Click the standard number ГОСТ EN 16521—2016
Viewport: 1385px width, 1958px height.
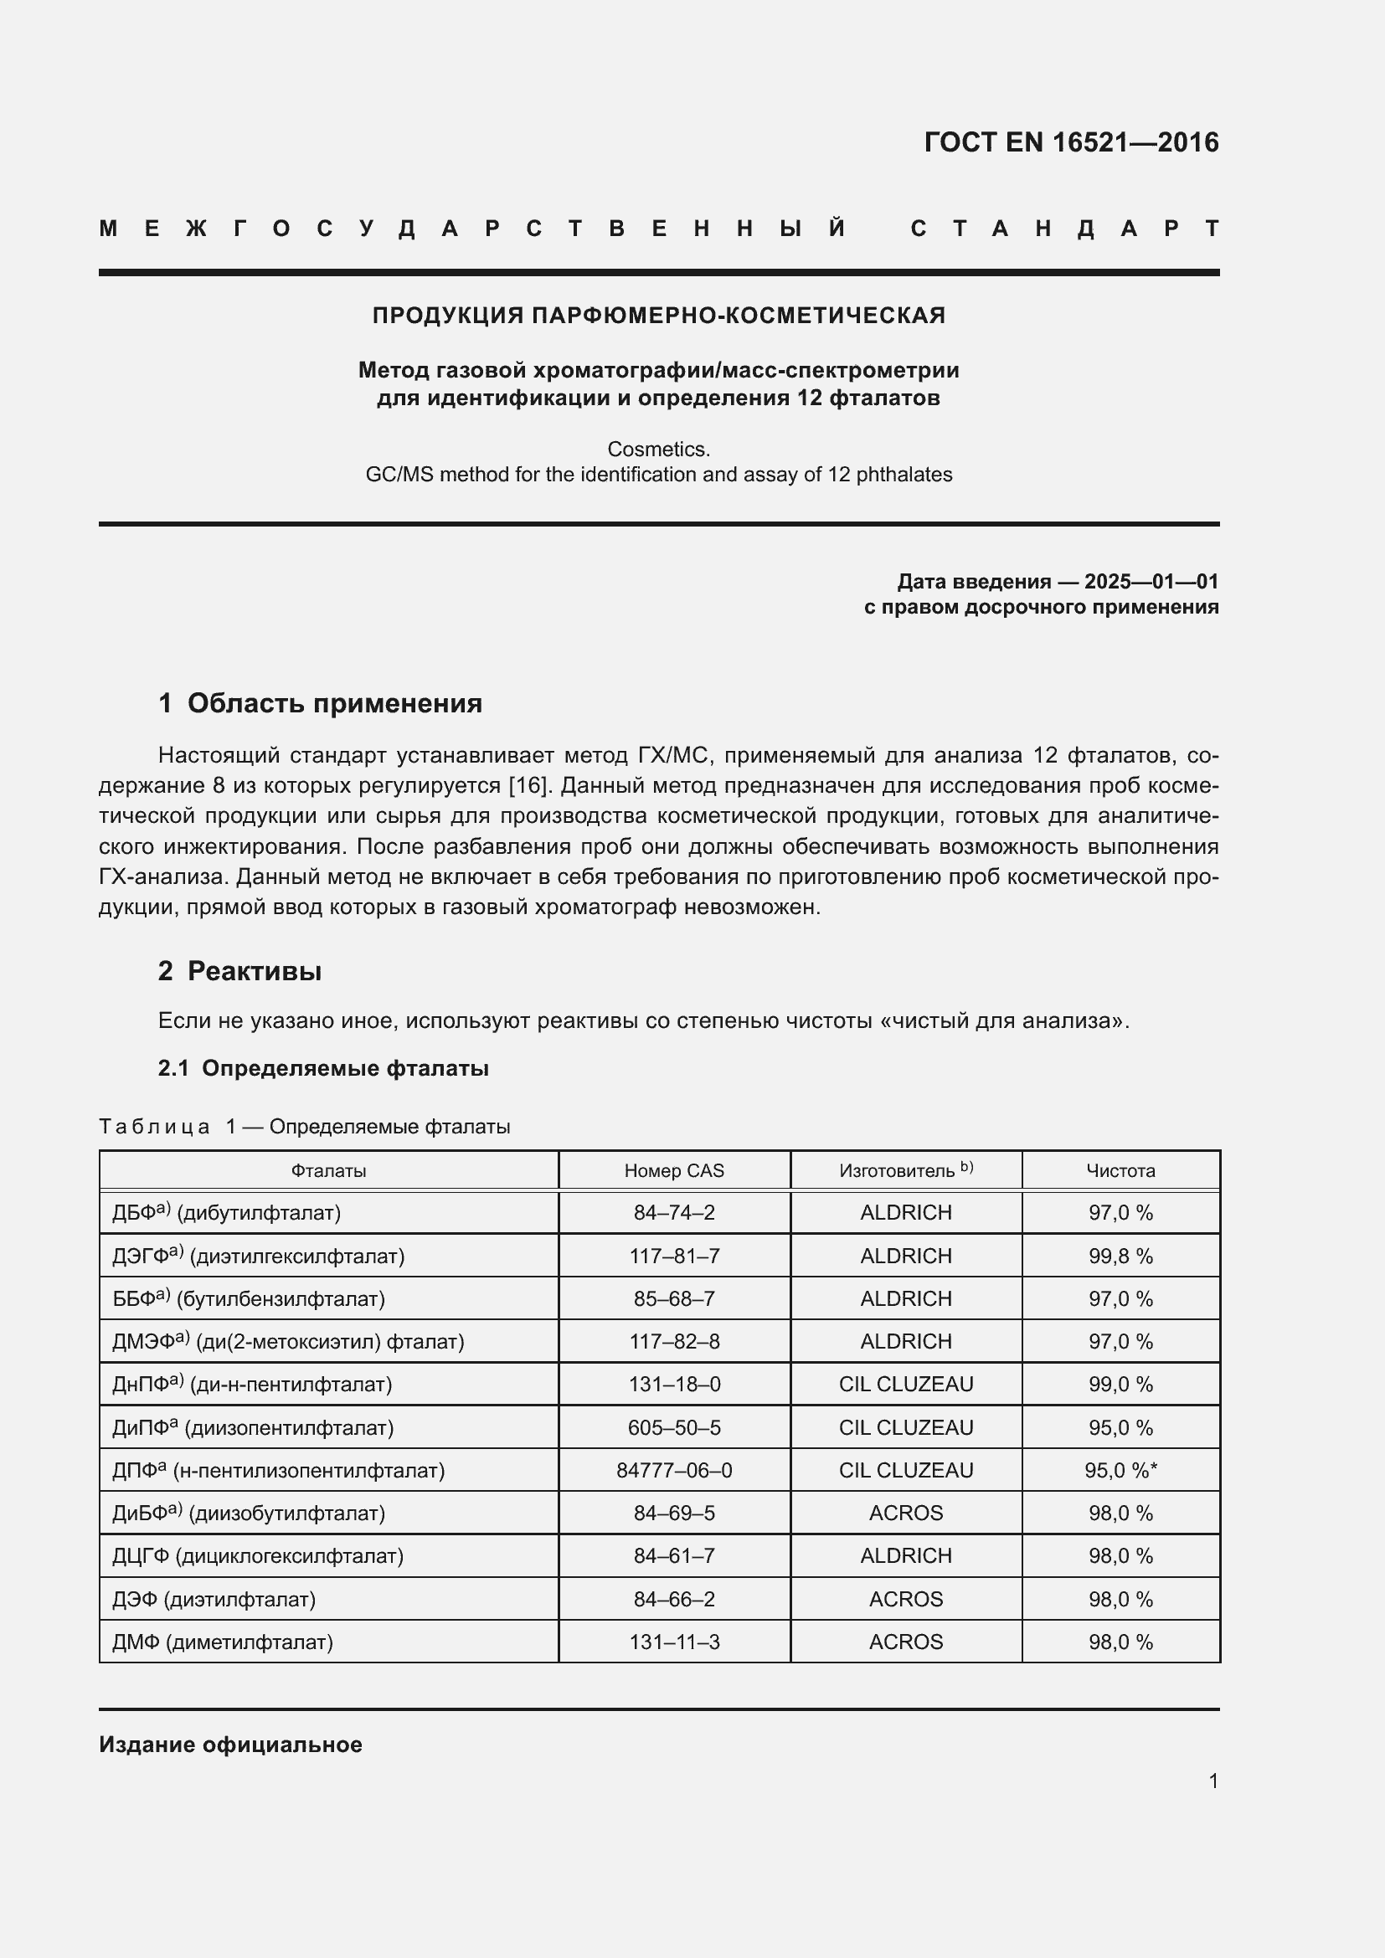[x=1071, y=142]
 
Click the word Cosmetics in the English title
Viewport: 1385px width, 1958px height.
[x=657, y=449]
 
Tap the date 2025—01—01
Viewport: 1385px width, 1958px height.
[x=1151, y=582]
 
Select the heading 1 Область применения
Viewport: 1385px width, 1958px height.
[x=321, y=703]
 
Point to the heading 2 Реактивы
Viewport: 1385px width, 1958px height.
[x=239, y=971]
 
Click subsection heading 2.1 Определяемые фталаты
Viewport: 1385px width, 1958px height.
[x=323, y=1068]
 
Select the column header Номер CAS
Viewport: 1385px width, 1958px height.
[x=674, y=1171]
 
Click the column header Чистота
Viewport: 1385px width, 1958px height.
[x=1120, y=1171]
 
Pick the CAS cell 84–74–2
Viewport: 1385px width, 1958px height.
[x=674, y=1213]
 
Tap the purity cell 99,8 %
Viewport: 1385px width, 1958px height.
[x=1120, y=1257]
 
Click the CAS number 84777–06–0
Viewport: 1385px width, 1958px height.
[x=674, y=1470]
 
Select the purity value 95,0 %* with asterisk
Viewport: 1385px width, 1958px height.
[x=1120, y=1470]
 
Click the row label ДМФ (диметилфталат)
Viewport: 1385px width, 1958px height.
[x=223, y=1642]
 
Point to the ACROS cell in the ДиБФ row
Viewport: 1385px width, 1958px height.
[x=906, y=1513]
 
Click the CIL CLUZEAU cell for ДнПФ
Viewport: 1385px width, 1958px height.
[x=906, y=1384]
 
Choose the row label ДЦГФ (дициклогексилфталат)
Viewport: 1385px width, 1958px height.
[x=258, y=1555]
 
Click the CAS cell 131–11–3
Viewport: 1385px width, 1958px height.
[x=674, y=1642]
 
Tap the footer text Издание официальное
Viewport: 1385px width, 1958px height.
[x=230, y=1745]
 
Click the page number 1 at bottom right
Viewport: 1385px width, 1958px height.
[x=1213, y=1781]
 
